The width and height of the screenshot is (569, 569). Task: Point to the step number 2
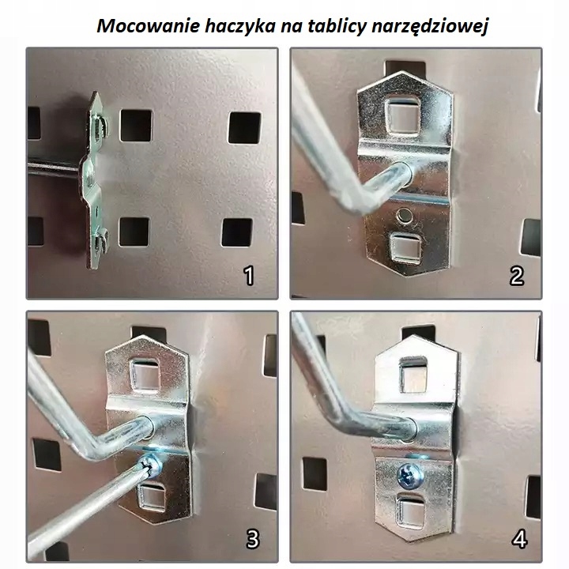pyautogui.click(x=517, y=276)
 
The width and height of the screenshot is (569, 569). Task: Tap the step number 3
pyautogui.click(x=252, y=539)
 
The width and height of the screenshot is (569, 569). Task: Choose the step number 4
pyautogui.click(x=519, y=540)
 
